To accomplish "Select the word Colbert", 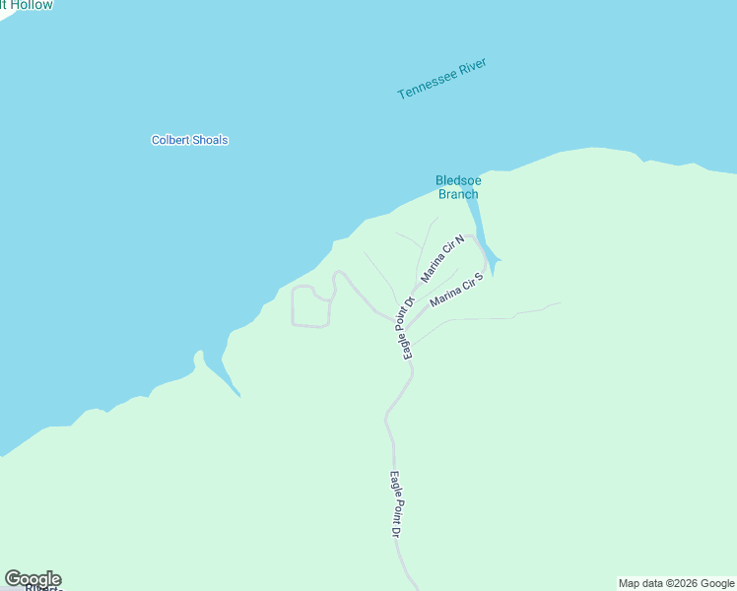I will (168, 140).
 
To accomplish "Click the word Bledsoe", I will (457, 180).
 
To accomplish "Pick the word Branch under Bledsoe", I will (458, 194).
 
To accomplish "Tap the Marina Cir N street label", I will (442, 259).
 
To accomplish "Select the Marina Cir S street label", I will (456, 291).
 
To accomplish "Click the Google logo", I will (33, 579).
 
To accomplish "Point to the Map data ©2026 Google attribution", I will (677, 583).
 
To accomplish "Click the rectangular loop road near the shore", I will (310, 307).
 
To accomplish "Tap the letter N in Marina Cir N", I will (459, 239).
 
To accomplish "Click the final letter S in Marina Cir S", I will (478, 276).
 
